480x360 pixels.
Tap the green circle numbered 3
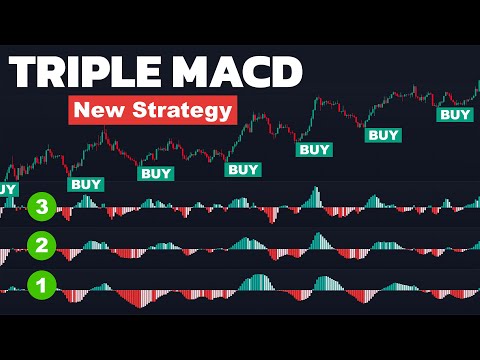point(41,208)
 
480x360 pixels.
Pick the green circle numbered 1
point(41,286)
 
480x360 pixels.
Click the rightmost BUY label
point(456,115)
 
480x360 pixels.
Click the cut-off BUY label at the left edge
point(7,188)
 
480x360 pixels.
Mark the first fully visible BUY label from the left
point(85,184)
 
